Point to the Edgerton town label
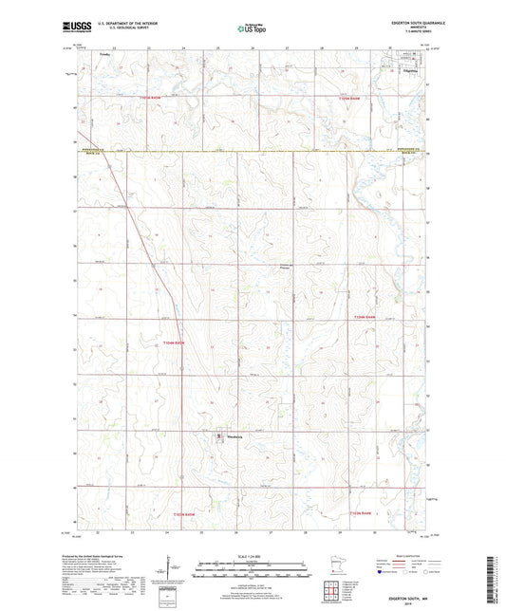410,69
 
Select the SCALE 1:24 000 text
253,557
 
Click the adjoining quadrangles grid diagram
335,594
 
